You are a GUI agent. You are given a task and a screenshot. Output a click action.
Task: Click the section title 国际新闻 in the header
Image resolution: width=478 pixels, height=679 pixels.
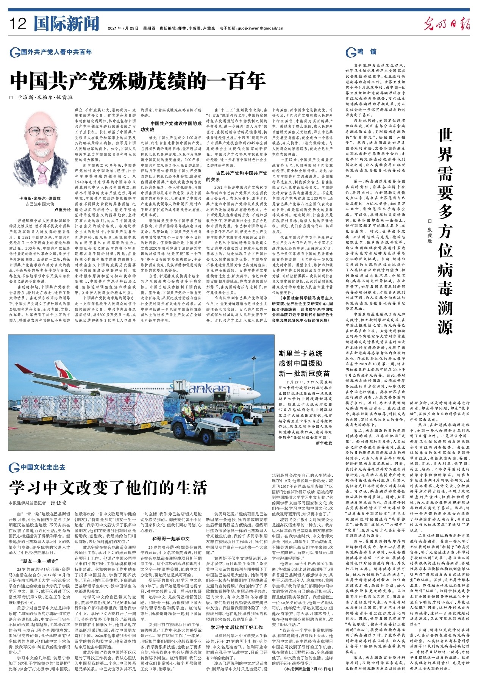coord(66,24)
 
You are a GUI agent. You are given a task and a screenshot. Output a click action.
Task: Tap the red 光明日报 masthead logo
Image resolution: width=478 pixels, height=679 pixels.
coord(447,25)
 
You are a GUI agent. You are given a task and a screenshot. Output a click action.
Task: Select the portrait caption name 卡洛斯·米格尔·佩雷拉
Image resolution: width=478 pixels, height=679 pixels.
coord(40,198)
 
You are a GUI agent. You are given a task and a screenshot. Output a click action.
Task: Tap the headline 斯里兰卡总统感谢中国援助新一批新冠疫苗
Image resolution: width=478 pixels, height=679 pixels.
coord(304,363)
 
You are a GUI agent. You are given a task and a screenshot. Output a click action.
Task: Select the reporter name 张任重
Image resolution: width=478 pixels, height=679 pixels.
coord(59,503)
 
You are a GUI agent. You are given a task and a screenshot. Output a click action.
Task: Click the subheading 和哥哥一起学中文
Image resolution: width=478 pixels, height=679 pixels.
coord(171,538)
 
